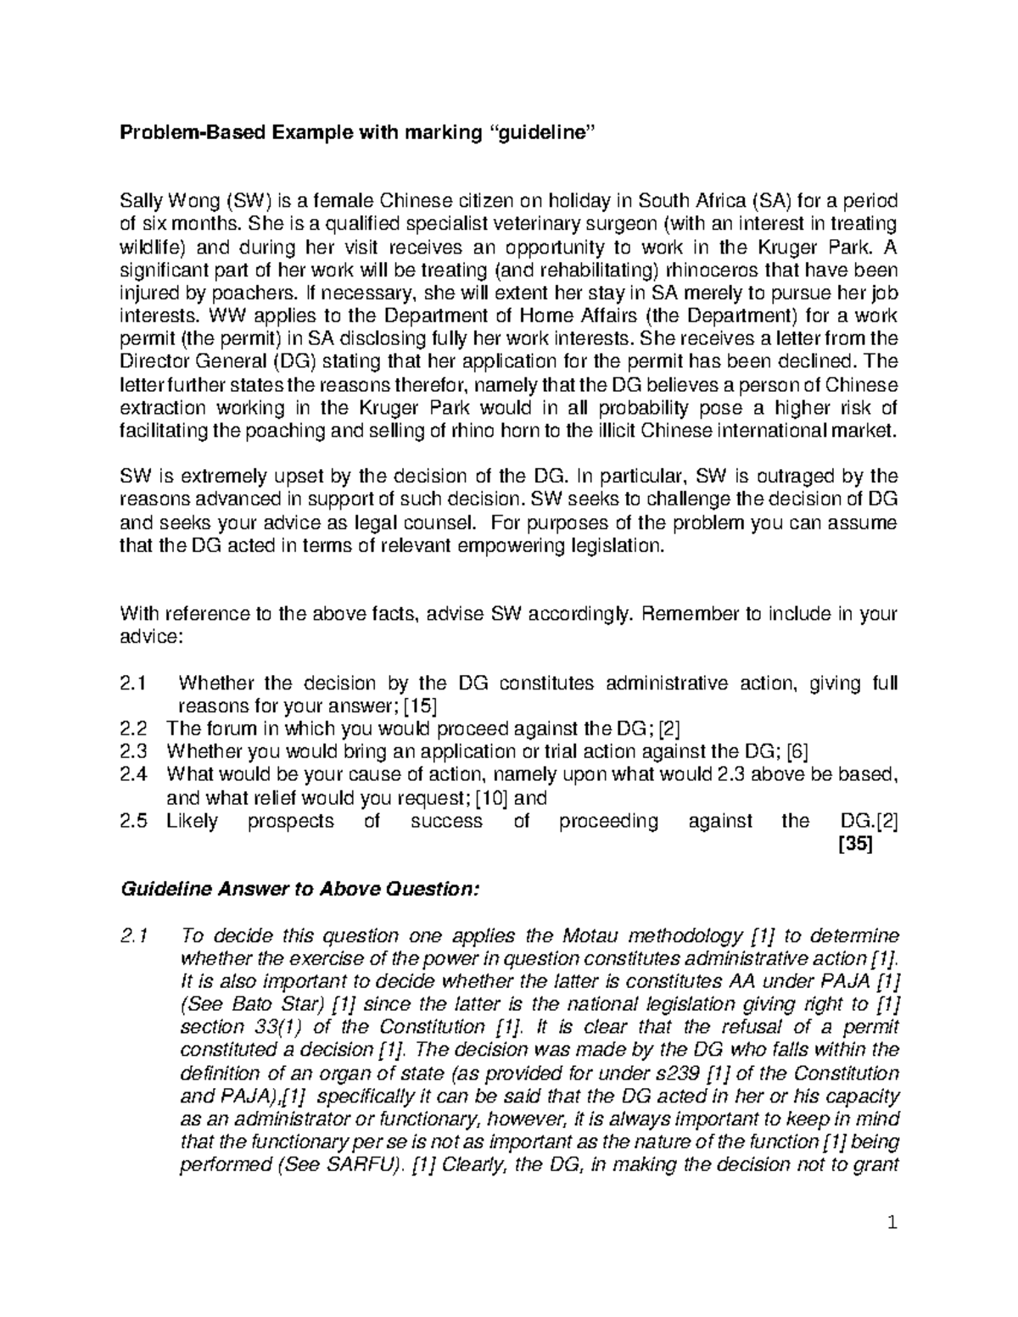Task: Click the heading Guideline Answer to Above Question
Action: coord(301,890)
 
